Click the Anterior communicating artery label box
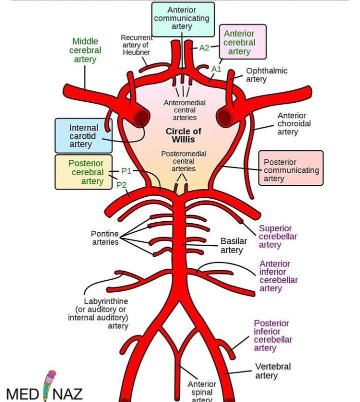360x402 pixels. pyautogui.click(x=182, y=18)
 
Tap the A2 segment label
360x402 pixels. pyautogui.click(x=204, y=48)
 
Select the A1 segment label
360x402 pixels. pyautogui.click(x=216, y=69)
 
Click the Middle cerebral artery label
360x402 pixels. pyautogui.click(x=85, y=50)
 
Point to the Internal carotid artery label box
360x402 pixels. pyautogui.click(x=83, y=136)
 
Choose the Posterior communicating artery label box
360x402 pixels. pyautogui.click(x=290, y=170)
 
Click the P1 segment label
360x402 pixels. pyautogui.click(x=126, y=171)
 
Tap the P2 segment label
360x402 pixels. pyautogui.click(x=121, y=185)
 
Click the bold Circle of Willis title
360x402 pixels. pyautogui.click(x=183, y=135)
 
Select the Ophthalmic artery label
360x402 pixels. pyautogui.click(x=266, y=75)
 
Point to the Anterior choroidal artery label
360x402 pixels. pyautogui.click(x=294, y=124)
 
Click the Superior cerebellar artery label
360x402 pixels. pyautogui.click(x=277, y=237)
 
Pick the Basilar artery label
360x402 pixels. pyautogui.click(x=233, y=246)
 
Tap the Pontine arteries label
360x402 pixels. pyautogui.click(x=105, y=238)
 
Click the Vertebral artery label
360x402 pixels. pyautogui.click(x=272, y=371)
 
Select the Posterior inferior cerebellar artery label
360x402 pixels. pyautogui.click(x=272, y=336)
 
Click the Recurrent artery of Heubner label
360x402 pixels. pyautogui.click(x=136, y=45)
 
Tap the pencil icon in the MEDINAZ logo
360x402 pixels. pyautogui.click(x=49, y=386)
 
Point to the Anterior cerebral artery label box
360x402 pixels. pyautogui.click(x=242, y=42)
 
